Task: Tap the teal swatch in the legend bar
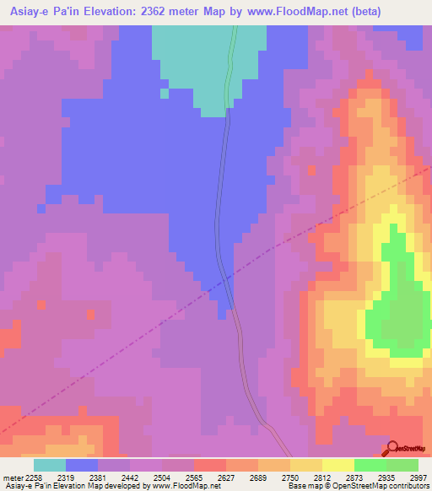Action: coord(49,465)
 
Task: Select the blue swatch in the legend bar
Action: coord(82,465)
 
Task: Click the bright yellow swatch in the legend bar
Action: coord(337,465)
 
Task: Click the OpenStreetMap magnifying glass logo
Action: coord(393,447)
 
